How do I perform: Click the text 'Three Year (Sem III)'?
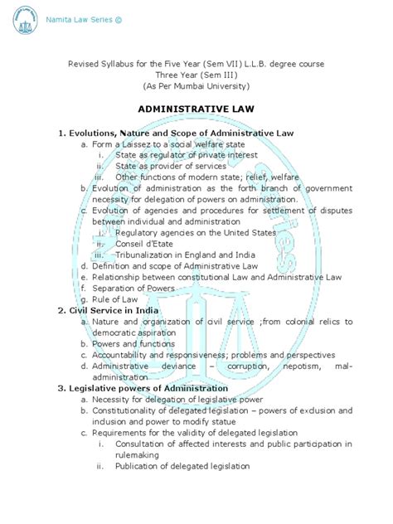pyautogui.click(x=196, y=74)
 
